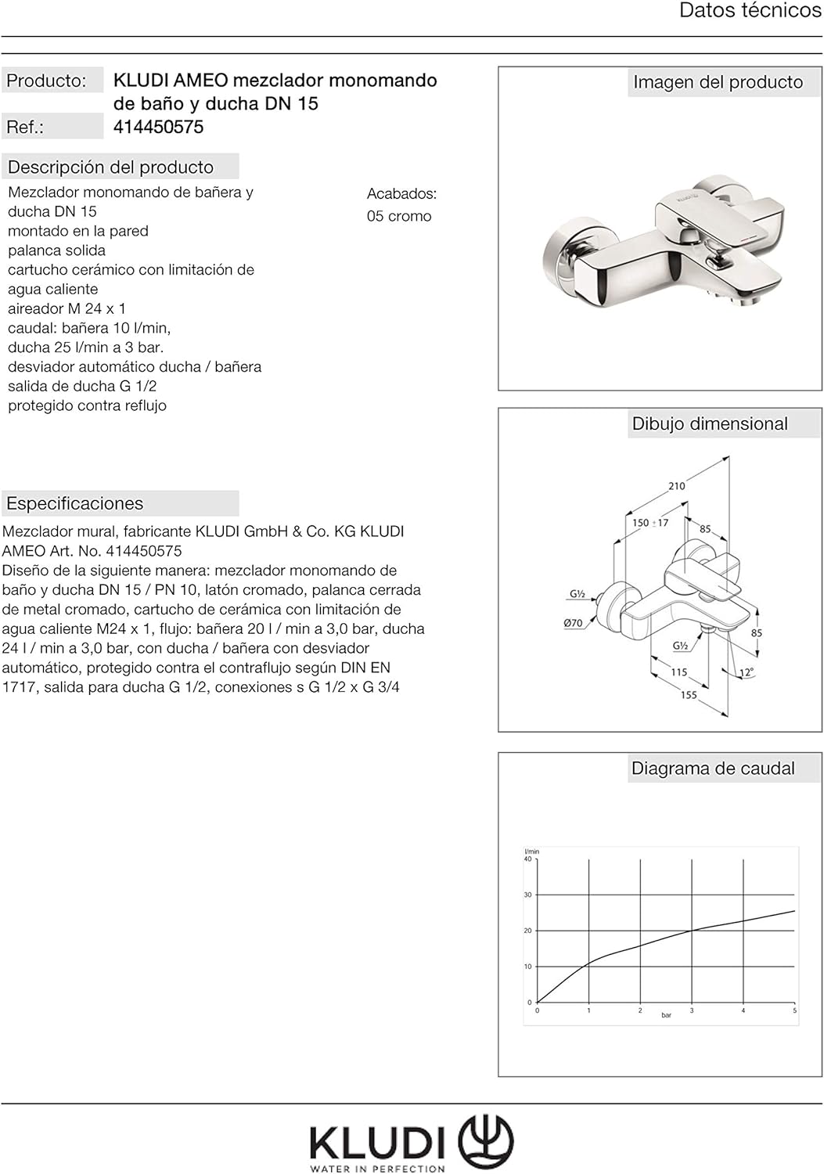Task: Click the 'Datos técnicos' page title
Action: point(750,11)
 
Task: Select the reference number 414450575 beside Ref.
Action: point(158,127)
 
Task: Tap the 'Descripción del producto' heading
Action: point(110,167)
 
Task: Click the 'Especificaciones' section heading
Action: point(74,503)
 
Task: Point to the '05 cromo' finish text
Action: point(399,216)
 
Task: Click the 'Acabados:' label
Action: point(401,193)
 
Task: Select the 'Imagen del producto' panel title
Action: point(718,82)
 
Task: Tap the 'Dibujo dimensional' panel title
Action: point(710,423)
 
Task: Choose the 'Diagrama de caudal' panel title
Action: point(712,769)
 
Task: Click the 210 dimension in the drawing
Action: point(677,486)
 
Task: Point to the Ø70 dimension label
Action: point(574,623)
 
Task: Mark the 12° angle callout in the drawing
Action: point(747,672)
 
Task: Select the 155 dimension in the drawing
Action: point(689,695)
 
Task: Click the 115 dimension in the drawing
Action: point(679,672)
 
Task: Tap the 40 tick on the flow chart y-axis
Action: point(527,859)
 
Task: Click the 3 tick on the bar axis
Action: point(692,1010)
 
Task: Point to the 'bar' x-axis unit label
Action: point(666,1015)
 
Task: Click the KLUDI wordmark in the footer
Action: point(377,1143)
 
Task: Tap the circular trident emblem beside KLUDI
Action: point(485,1142)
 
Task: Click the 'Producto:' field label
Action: point(46,81)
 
